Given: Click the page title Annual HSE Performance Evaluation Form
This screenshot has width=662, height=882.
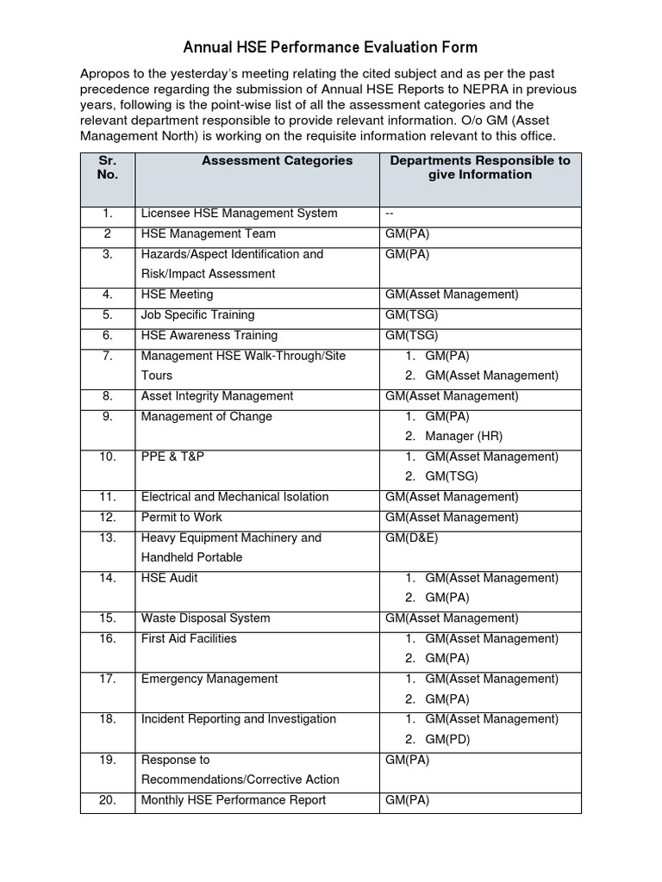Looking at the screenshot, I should pyautogui.click(x=330, y=47).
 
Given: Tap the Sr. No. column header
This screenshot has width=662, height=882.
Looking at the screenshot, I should pyautogui.click(x=107, y=167).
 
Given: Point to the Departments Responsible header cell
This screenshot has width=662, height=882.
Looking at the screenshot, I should pyautogui.click(x=480, y=167).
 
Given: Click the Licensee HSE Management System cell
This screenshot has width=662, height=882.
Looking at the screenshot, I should pyautogui.click(x=239, y=213).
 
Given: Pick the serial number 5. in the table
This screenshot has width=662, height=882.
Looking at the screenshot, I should pyautogui.click(x=107, y=314).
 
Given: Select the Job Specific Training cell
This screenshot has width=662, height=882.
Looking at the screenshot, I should pyautogui.click(x=197, y=314).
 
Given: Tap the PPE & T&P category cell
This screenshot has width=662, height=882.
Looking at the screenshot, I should pyautogui.click(x=172, y=457).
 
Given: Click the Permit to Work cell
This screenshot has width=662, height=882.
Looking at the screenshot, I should pyautogui.click(x=181, y=517).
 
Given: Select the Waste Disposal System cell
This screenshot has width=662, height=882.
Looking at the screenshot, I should pyautogui.click(x=205, y=618).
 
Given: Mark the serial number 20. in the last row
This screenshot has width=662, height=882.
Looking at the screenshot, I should pyautogui.click(x=107, y=800).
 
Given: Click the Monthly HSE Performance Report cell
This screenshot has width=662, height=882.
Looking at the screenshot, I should pyautogui.click(x=234, y=800).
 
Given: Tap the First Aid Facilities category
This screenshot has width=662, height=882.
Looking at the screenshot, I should pyautogui.click(x=189, y=638).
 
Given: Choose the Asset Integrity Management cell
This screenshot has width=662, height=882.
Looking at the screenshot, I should pyautogui.click(x=217, y=395).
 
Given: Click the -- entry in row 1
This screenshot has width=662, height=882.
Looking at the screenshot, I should pyautogui.click(x=390, y=213).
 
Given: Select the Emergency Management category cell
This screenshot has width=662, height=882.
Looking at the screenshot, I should pyautogui.click(x=209, y=679).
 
